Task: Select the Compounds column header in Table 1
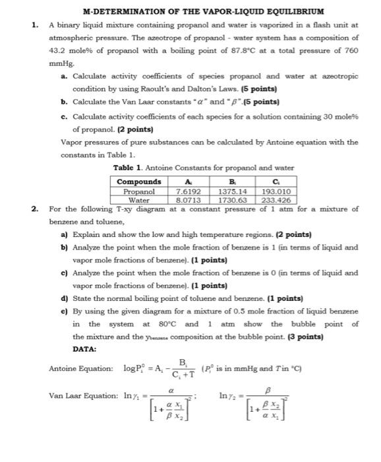point(138,181)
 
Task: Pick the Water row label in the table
point(139,200)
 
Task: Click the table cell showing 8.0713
point(188,200)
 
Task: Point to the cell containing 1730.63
point(231,200)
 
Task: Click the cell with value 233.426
point(276,200)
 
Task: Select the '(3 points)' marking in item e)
point(305,336)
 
